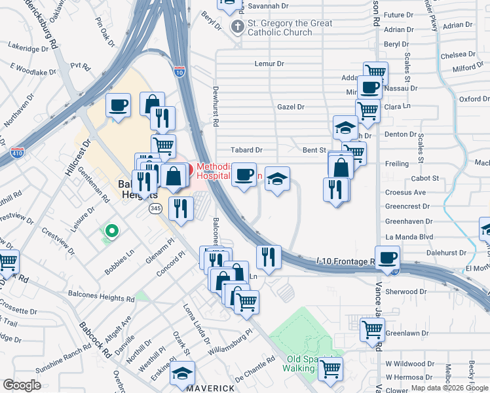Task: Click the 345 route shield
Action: pyautogui.click(x=155, y=208)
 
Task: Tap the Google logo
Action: pyautogui.click(x=22, y=384)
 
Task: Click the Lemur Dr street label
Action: pyautogui.click(x=269, y=64)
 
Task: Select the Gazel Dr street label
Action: pyautogui.click(x=291, y=107)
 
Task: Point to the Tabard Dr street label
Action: pyautogui.click(x=246, y=150)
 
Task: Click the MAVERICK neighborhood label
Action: pyautogui.click(x=210, y=388)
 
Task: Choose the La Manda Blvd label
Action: pyautogui.click(x=409, y=236)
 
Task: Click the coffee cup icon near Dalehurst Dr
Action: pyautogui.click(x=387, y=256)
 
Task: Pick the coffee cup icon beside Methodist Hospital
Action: pyautogui.click(x=244, y=174)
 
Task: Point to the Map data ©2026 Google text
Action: pyautogui.click(x=449, y=388)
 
